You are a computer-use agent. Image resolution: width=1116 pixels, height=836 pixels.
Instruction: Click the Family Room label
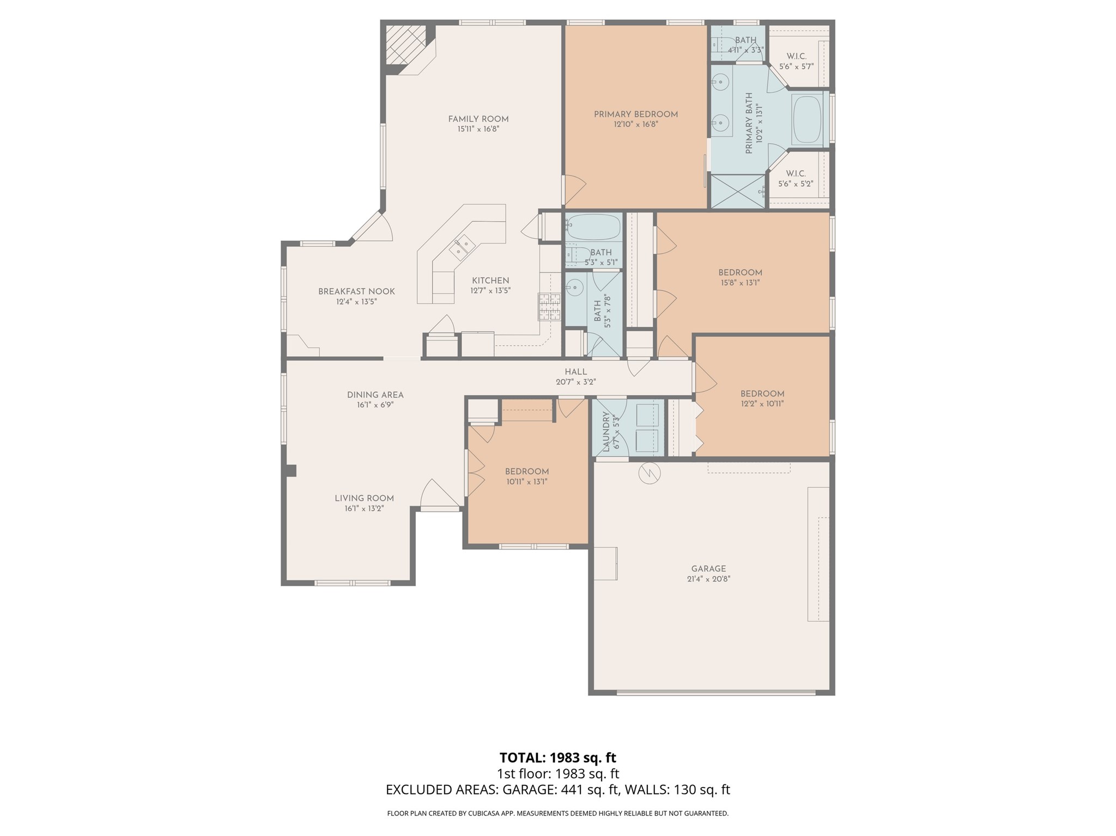tap(478, 119)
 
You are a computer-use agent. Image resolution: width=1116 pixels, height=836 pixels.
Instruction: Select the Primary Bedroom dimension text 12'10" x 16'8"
tap(635, 125)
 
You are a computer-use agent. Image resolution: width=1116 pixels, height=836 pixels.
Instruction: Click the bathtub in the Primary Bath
tap(807, 120)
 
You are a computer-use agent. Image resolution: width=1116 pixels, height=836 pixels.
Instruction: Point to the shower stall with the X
tap(738, 191)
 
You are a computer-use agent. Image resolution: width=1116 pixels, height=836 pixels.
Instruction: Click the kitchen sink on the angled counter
tap(462, 246)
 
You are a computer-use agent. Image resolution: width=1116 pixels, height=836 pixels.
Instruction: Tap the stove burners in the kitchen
tap(549, 307)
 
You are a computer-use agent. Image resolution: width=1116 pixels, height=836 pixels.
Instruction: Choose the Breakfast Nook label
tap(356, 291)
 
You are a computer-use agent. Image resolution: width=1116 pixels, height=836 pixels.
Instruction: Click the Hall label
tap(575, 372)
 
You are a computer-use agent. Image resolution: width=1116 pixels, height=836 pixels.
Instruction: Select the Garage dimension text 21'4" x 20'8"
tap(708, 579)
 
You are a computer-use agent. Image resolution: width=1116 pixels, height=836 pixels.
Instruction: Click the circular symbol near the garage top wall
tap(649, 473)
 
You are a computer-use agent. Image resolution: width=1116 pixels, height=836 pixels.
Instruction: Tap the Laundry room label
tap(606, 432)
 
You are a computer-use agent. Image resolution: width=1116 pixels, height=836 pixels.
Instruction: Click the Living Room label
tap(364, 498)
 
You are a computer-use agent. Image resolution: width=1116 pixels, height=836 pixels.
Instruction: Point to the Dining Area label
tap(375, 395)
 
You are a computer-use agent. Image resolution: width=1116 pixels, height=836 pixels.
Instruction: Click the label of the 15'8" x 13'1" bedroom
tap(739, 273)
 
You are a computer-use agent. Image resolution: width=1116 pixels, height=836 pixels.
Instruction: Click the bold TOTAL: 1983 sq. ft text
tap(557, 758)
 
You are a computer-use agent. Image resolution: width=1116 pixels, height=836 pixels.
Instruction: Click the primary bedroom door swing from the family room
tap(574, 189)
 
